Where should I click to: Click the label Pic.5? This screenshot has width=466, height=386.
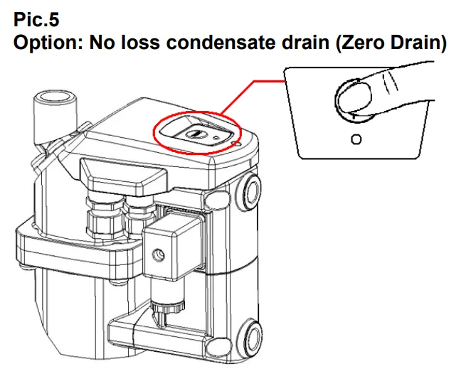36,19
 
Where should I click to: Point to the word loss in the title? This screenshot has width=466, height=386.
140,43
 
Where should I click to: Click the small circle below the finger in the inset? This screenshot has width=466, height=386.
356,139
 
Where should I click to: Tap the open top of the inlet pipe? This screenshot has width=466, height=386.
55,98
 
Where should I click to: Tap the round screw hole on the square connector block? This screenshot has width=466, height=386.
158,254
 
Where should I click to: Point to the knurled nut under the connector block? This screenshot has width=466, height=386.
168,306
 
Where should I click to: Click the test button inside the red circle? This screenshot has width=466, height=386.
195,134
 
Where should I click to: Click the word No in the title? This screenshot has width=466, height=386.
102,43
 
